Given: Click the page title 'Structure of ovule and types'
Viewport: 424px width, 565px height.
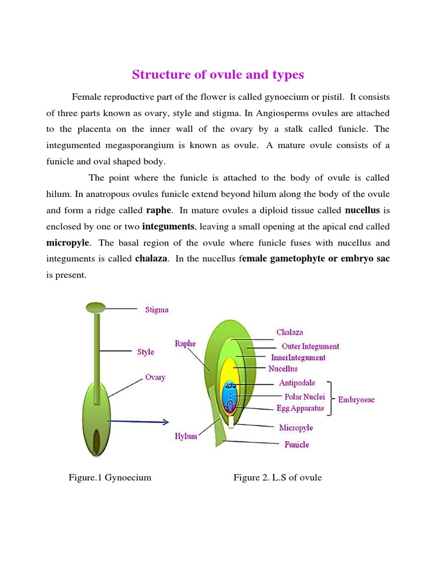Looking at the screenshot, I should pyautogui.click(x=218, y=74).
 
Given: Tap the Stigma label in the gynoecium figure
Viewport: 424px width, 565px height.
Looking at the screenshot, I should pyautogui.click(x=157, y=310).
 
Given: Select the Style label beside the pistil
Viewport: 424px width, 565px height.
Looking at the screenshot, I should pyautogui.click(x=146, y=352).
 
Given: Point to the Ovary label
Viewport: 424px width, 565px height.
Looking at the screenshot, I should pyautogui.click(x=155, y=378).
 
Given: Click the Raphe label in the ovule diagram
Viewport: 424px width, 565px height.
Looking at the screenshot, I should pyautogui.click(x=185, y=343).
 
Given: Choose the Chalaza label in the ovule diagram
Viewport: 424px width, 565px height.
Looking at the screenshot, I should pyautogui.click(x=290, y=333).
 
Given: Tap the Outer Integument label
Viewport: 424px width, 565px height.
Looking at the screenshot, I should pyautogui.click(x=310, y=347).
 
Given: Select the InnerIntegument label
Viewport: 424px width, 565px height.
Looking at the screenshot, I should pyautogui.click(x=298, y=358).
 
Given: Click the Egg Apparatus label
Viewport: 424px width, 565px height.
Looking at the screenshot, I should pyautogui.click(x=299, y=409).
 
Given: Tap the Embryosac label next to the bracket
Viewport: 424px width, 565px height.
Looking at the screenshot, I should pyautogui.click(x=356, y=399).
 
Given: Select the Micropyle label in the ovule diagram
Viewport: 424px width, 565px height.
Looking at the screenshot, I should pyautogui.click(x=296, y=428).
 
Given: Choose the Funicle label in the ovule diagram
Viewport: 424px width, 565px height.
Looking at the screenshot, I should pyautogui.click(x=296, y=445).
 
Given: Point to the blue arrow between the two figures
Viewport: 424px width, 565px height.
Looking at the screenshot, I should pyautogui.click(x=138, y=422).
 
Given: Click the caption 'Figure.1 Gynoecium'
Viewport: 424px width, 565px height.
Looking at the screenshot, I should pyautogui.click(x=110, y=477).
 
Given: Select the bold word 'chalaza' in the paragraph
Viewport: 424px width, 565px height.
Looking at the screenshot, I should pyautogui.click(x=151, y=259).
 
